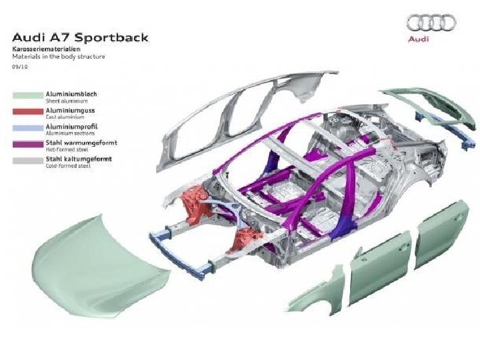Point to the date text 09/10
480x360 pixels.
point(19,67)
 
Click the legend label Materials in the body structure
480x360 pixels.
point(58,57)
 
